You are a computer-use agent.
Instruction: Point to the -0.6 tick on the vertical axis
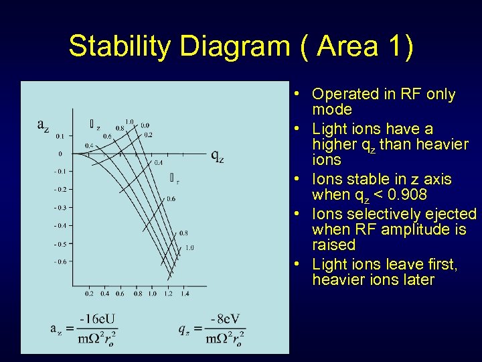point(60,262)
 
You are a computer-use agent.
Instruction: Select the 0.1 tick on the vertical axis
point(60,136)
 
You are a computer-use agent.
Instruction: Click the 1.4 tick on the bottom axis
point(184,294)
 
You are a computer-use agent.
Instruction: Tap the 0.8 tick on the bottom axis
point(138,294)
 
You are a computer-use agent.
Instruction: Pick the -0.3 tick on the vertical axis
point(60,208)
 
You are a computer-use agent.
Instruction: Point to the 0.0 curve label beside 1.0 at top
point(145,125)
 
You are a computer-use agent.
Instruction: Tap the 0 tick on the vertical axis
point(60,154)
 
